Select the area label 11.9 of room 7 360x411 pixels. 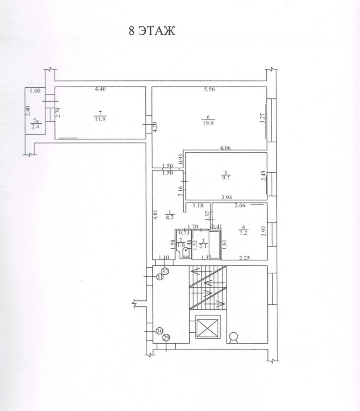pyautogui.click(x=100, y=119)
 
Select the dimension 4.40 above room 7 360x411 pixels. pyautogui.click(x=100, y=89)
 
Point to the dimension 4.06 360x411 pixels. pyautogui.click(x=226, y=149)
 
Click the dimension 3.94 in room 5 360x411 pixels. pyautogui.click(x=226, y=198)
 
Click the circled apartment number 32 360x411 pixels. pyautogui.click(x=165, y=271)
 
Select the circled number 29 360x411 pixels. pyautogui.click(x=167, y=338)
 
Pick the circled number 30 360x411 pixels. pyautogui.click(x=159, y=331)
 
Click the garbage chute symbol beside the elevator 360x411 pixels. pyautogui.click(x=234, y=338)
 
